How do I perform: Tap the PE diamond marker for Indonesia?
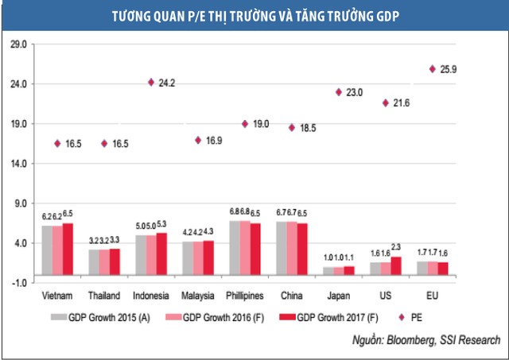click(x=151, y=82)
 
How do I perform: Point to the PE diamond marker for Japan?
click(x=339, y=92)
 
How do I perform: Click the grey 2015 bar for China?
click(x=282, y=252)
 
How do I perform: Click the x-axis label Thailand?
click(x=104, y=296)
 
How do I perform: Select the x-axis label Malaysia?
click(x=197, y=296)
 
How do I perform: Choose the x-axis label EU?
click(x=432, y=296)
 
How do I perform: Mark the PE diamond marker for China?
click(x=292, y=127)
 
